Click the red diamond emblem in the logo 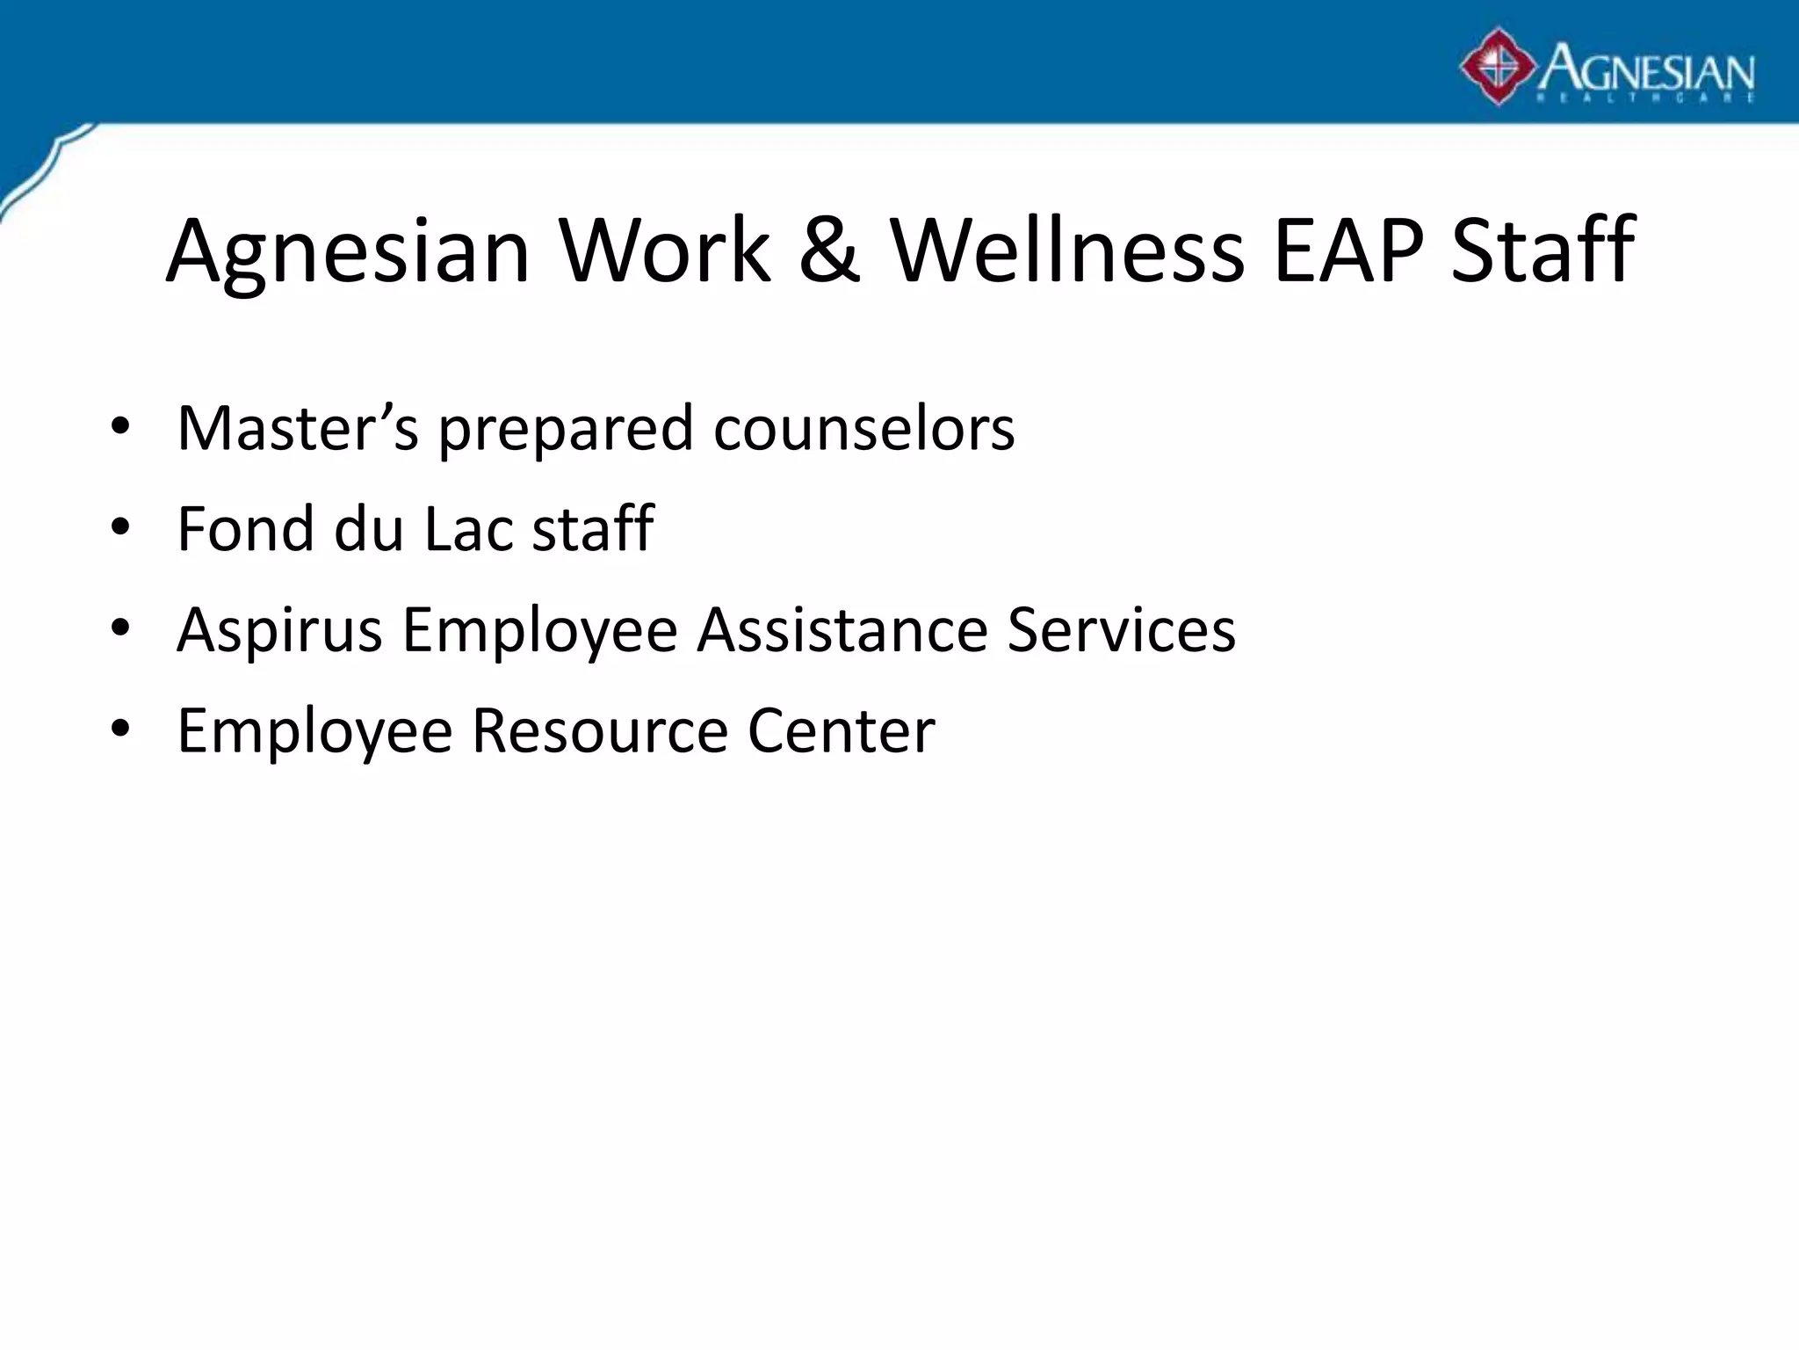[1498, 67]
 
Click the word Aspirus [279, 631]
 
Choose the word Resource [600, 730]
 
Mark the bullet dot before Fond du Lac [120, 528]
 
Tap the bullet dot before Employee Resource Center [120, 729]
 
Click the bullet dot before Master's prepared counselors [120, 427]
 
